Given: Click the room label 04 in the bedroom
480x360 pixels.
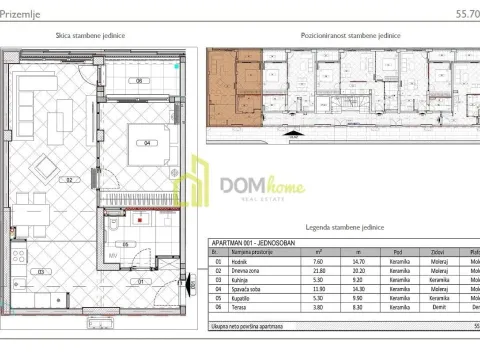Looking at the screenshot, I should tap(147, 143).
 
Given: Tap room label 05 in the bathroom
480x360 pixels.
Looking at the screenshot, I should tap(117, 243).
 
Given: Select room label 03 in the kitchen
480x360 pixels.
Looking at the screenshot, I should tap(39, 271).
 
